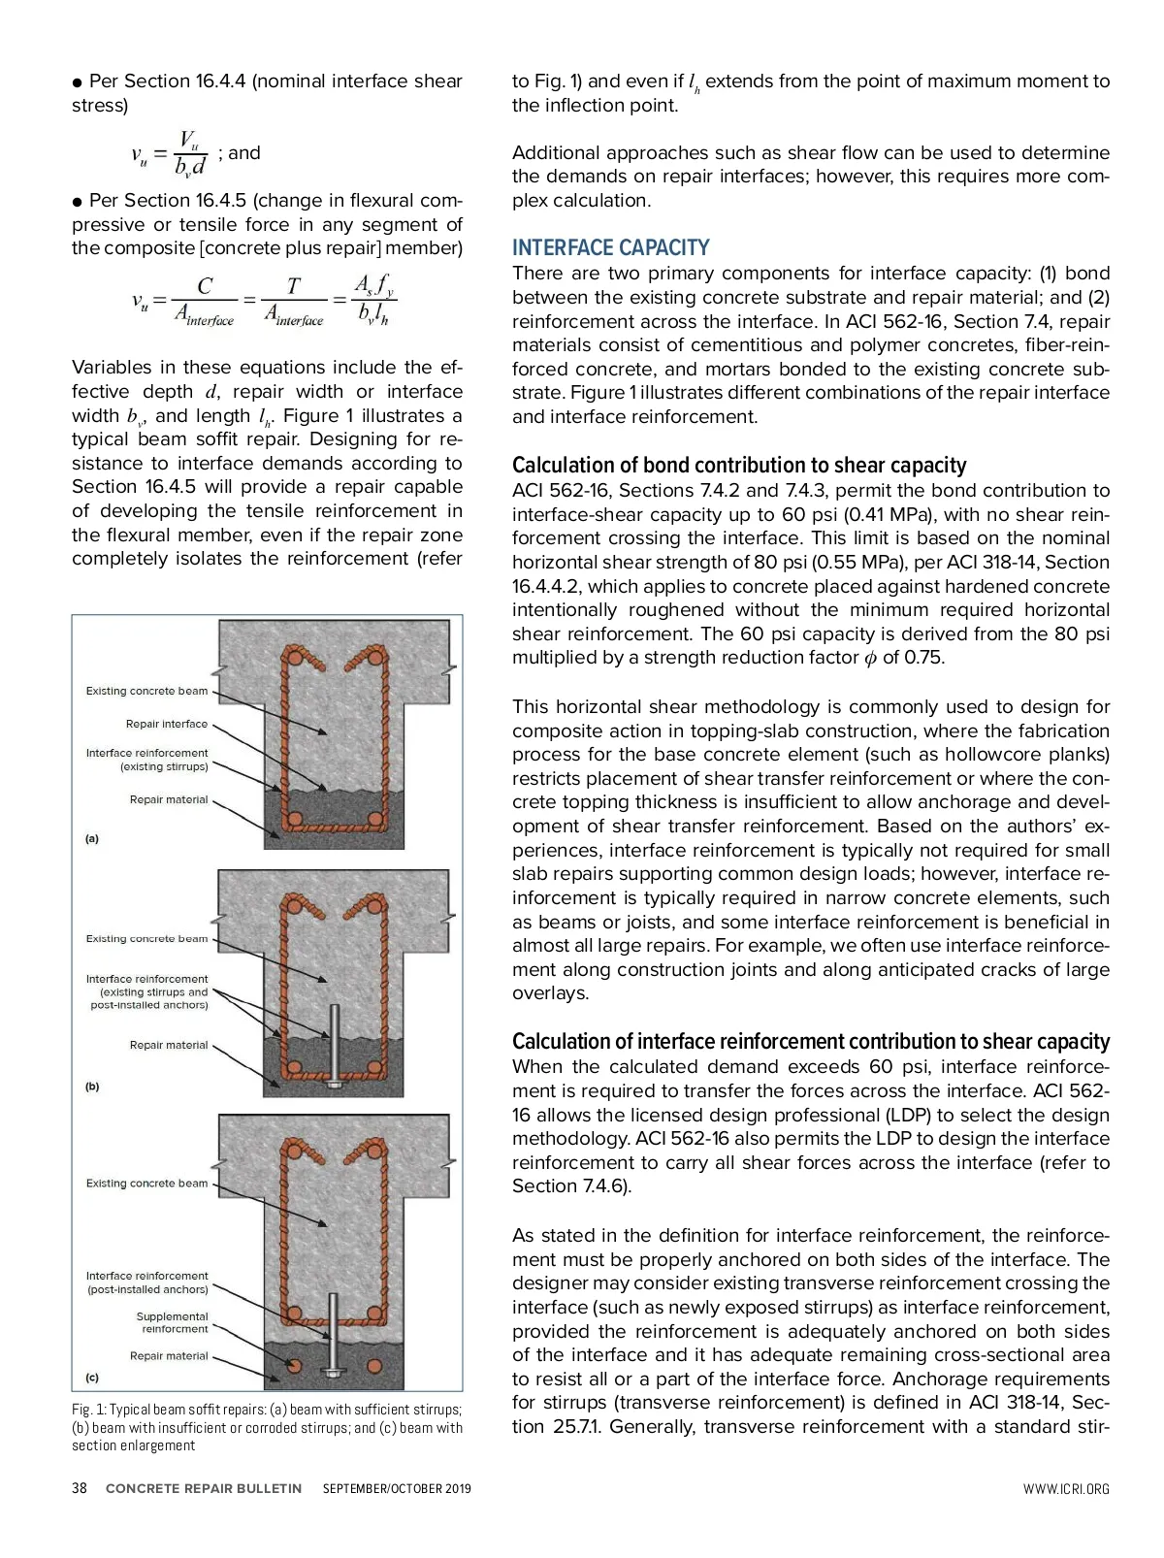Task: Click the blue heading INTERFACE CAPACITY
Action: [610, 247]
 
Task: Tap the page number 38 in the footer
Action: [80, 1488]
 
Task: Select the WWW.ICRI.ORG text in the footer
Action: [1065, 1489]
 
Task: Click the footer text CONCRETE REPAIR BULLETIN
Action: [204, 1488]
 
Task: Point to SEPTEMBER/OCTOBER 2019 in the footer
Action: [397, 1488]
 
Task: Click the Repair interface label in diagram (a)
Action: [166, 724]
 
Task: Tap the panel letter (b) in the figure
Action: [92, 1087]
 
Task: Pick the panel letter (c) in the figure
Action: [92, 1378]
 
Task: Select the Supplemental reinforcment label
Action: [172, 1322]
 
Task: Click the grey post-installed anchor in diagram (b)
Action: [335, 1044]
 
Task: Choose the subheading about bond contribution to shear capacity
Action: [739, 465]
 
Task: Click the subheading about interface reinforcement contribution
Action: [811, 1041]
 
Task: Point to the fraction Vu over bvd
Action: [190, 153]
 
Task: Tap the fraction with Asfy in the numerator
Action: [373, 299]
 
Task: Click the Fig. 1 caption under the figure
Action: [267, 1427]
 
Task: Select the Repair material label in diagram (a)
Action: [169, 799]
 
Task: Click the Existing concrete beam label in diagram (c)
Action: [146, 1184]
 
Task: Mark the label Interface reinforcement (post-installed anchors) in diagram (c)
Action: [146, 1282]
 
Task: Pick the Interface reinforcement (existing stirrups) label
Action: [146, 760]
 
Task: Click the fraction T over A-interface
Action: [294, 300]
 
